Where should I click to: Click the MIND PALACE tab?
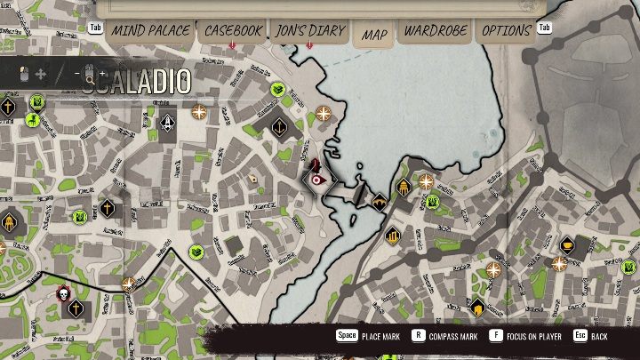(150, 30)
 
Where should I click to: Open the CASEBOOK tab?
(234, 30)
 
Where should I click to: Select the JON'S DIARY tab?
(310, 30)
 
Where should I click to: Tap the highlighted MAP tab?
(375, 34)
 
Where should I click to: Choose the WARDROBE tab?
(436, 30)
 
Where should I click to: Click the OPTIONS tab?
(506, 30)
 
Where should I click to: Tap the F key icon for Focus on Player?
(494, 337)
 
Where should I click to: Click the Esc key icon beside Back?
(579, 337)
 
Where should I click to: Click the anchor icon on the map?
(169, 122)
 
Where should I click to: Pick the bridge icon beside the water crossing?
(380, 199)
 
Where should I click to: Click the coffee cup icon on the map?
(566, 244)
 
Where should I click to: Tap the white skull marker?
(62, 293)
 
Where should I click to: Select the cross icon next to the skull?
(77, 308)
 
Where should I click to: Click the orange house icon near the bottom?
(478, 309)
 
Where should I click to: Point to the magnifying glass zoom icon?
(86, 75)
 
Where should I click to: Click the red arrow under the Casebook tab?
(233, 44)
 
